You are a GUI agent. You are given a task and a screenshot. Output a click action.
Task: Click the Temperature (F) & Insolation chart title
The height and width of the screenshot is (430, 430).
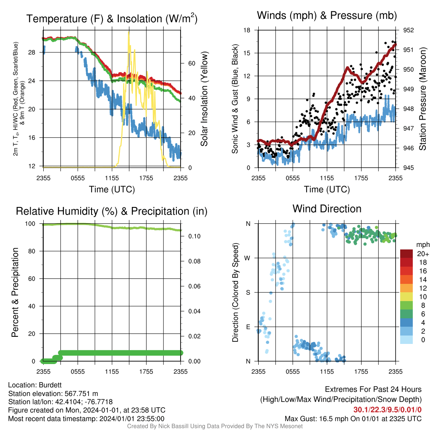click(x=112, y=18)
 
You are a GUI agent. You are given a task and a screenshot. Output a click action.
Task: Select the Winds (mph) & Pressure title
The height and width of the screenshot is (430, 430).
click(x=327, y=16)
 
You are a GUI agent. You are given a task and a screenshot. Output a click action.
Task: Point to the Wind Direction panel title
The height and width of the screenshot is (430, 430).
click(x=327, y=209)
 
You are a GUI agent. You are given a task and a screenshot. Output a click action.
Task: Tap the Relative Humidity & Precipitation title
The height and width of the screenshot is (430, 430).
click(x=112, y=212)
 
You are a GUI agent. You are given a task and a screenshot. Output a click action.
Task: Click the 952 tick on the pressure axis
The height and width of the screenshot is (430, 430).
click(x=408, y=30)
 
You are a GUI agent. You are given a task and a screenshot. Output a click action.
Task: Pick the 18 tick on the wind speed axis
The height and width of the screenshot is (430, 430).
click(x=247, y=30)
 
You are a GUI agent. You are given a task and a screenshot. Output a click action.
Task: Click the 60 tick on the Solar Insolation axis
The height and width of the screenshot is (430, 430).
click(x=191, y=63)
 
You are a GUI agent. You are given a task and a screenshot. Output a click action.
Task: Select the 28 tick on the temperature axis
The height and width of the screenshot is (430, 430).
click(x=32, y=52)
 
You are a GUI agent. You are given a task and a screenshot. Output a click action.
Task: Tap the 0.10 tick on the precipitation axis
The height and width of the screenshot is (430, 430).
click(x=194, y=236)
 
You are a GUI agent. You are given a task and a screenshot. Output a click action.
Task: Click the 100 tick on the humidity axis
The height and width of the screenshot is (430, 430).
click(x=30, y=224)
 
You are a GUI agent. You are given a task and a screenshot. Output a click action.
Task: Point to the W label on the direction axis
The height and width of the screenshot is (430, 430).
click(x=247, y=258)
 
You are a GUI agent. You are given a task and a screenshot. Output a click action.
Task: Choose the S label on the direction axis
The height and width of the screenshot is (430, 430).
click(x=248, y=293)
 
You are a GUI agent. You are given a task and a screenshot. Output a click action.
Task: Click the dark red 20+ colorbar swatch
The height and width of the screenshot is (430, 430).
click(x=406, y=254)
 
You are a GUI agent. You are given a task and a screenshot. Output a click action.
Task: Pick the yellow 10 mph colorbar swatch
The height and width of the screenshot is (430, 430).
click(x=406, y=297)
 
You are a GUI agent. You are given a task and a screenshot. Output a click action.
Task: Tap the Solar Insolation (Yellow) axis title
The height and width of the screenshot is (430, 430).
click(x=204, y=99)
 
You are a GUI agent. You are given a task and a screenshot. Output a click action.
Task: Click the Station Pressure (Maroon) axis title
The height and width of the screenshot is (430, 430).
click(x=422, y=99)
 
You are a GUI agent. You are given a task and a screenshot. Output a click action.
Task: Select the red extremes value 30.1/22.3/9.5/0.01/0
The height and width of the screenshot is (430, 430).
click(x=387, y=410)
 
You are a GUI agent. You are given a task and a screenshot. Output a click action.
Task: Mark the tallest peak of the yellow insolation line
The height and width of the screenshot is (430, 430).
click(x=128, y=32)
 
